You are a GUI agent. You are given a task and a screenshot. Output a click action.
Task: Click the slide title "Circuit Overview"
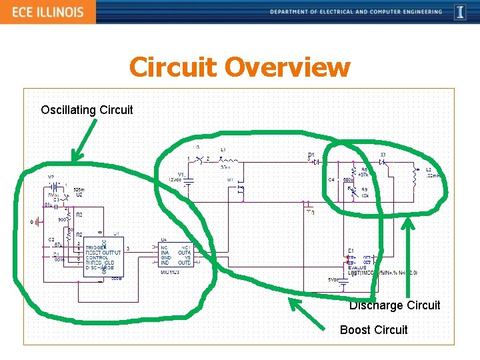(x=239, y=67)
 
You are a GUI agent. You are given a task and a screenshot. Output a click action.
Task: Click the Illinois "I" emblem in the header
(x=460, y=12)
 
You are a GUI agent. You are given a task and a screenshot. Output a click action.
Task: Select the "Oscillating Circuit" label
(x=87, y=109)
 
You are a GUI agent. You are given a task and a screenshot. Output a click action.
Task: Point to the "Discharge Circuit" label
(x=395, y=305)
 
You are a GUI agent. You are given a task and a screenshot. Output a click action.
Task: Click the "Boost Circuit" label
(x=373, y=329)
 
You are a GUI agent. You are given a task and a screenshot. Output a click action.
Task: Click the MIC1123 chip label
(x=170, y=272)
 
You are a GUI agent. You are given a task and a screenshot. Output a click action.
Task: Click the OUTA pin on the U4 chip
(x=184, y=253)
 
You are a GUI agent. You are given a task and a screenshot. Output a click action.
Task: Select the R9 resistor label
(x=364, y=190)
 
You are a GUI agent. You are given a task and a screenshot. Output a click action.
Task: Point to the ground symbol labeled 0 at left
(x=31, y=221)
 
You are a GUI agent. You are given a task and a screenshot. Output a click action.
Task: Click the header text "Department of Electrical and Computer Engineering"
(x=356, y=12)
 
